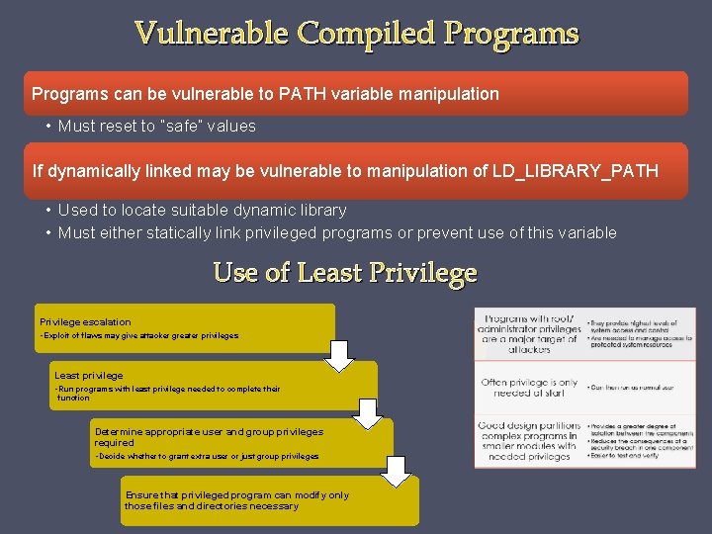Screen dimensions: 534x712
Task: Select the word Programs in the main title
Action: [511, 34]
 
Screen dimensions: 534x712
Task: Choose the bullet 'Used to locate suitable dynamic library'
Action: [202, 211]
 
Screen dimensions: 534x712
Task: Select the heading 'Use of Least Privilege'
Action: [345, 272]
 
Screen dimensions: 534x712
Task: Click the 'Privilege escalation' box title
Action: [85, 322]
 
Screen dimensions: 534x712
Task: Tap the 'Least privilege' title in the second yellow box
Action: [89, 376]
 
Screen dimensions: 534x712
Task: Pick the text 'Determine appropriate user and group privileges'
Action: [209, 432]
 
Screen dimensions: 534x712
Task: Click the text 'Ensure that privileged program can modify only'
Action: [237, 495]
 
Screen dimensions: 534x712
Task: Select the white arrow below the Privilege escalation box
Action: [339, 355]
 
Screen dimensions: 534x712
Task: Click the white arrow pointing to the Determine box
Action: [368, 414]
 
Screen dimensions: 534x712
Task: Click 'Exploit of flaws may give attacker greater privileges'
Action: [140, 336]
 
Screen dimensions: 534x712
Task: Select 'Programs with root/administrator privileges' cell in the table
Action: [529, 334]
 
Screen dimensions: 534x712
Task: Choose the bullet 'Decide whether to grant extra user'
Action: [206, 456]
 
